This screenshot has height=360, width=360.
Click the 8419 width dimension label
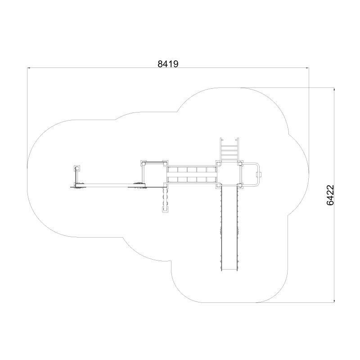168,64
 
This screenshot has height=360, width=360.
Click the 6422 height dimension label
330,195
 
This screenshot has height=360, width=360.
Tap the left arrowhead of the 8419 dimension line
29,68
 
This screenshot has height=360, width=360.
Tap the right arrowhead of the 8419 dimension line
307,68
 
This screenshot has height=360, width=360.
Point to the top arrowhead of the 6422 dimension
334,89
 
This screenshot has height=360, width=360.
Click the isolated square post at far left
77,168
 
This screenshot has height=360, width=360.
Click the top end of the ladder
229,139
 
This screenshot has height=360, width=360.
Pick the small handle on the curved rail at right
260,175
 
